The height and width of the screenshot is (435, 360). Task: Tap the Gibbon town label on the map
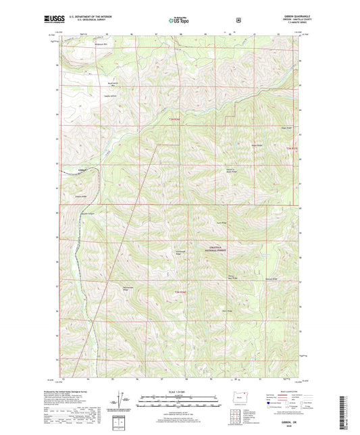[x=82, y=170]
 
